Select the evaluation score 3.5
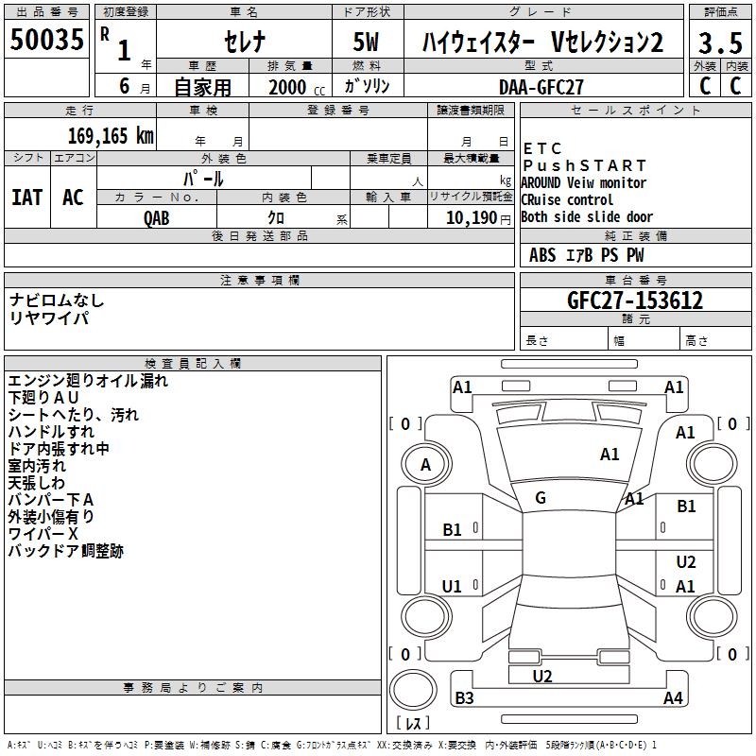pyautogui.click(x=719, y=44)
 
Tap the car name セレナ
pyautogui.click(x=244, y=43)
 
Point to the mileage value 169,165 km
pyautogui.click(x=111, y=136)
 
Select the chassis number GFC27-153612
pyautogui.click(x=634, y=301)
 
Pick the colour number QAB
pyautogui.click(x=157, y=217)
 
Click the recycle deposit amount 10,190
pyautogui.click(x=465, y=217)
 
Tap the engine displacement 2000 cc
pyautogui.click(x=295, y=87)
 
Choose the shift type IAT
pyautogui.click(x=26, y=198)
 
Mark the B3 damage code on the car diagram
pyautogui.click(x=464, y=698)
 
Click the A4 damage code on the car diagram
pyautogui.click(x=673, y=698)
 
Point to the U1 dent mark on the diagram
pyautogui.click(x=453, y=586)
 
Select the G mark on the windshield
pyautogui.click(x=541, y=498)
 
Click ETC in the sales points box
pyautogui.click(x=542, y=148)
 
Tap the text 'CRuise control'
pyautogui.click(x=567, y=199)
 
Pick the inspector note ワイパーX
pyautogui.click(x=43, y=534)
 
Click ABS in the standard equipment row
pyautogui.click(x=542, y=255)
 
